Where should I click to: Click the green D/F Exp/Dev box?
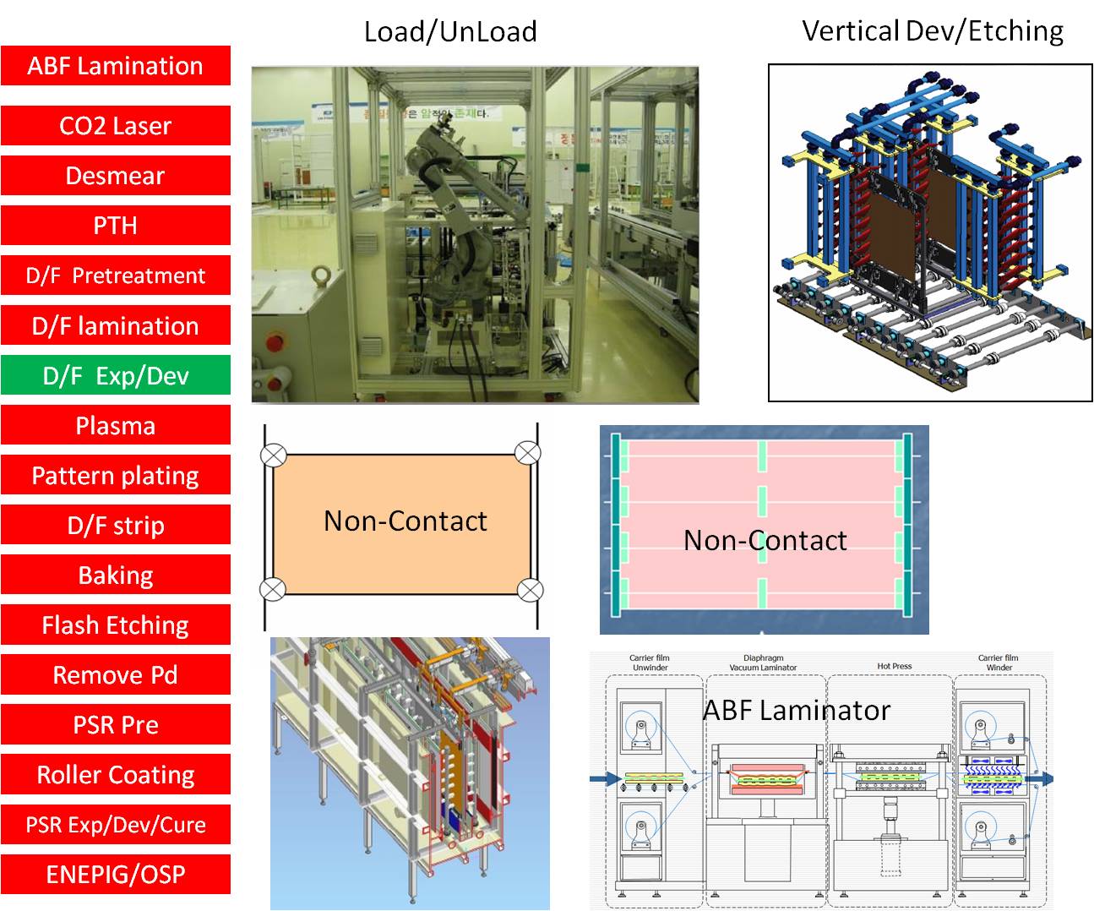(x=116, y=375)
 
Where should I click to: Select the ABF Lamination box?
(x=116, y=66)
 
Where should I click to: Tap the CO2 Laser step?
(x=116, y=126)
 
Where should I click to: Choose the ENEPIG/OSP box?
(x=116, y=874)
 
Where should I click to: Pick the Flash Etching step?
(x=116, y=625)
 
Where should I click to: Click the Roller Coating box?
(x=116, y=774)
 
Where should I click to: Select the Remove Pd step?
(x=116, y=674)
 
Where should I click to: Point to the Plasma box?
(x=116, y=425)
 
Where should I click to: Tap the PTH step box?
(x=116, y=226)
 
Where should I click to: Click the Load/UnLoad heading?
(x=450, y=32)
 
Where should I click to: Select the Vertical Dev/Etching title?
(x=933, y=31)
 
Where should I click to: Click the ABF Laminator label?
(x=797, y=711)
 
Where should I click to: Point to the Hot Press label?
(x=895, y=666)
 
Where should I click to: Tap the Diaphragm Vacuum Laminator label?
(x=764, y=663)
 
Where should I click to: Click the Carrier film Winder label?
(x=999, y=663)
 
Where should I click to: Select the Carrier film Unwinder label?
(x=650, y=663)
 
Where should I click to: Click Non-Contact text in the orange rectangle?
(x=405, y=521)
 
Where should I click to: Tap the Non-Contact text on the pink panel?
(x=765, y=541)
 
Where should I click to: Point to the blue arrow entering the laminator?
(x=603, y=778)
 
